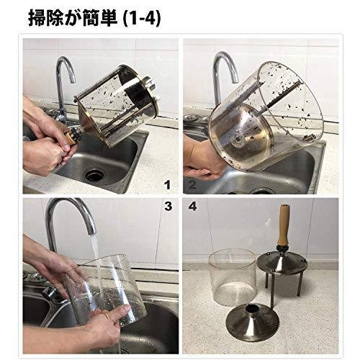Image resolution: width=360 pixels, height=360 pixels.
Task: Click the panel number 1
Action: click(x=168, y=185)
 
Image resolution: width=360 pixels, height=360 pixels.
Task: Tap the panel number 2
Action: click(x=192, y=185)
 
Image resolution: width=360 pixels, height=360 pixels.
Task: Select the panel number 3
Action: click(x=168, y=206)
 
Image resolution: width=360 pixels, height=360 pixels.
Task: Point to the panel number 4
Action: click(x=192, y=206)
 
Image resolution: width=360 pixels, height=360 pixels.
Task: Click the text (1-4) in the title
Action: click(x=141, y=19)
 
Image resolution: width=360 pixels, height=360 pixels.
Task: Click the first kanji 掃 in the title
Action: click(x=37, y=18)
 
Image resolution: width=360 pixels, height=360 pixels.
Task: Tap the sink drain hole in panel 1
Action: click(x=94, y=174)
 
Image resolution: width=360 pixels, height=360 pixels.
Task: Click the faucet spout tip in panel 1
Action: click(x=73, y=80)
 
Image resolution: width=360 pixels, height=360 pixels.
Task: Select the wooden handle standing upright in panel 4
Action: click(x=284, y=224)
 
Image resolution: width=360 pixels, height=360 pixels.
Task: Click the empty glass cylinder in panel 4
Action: click(x=233, y=278)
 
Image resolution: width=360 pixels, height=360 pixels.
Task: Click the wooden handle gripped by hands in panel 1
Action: click(x=70, y=140)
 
